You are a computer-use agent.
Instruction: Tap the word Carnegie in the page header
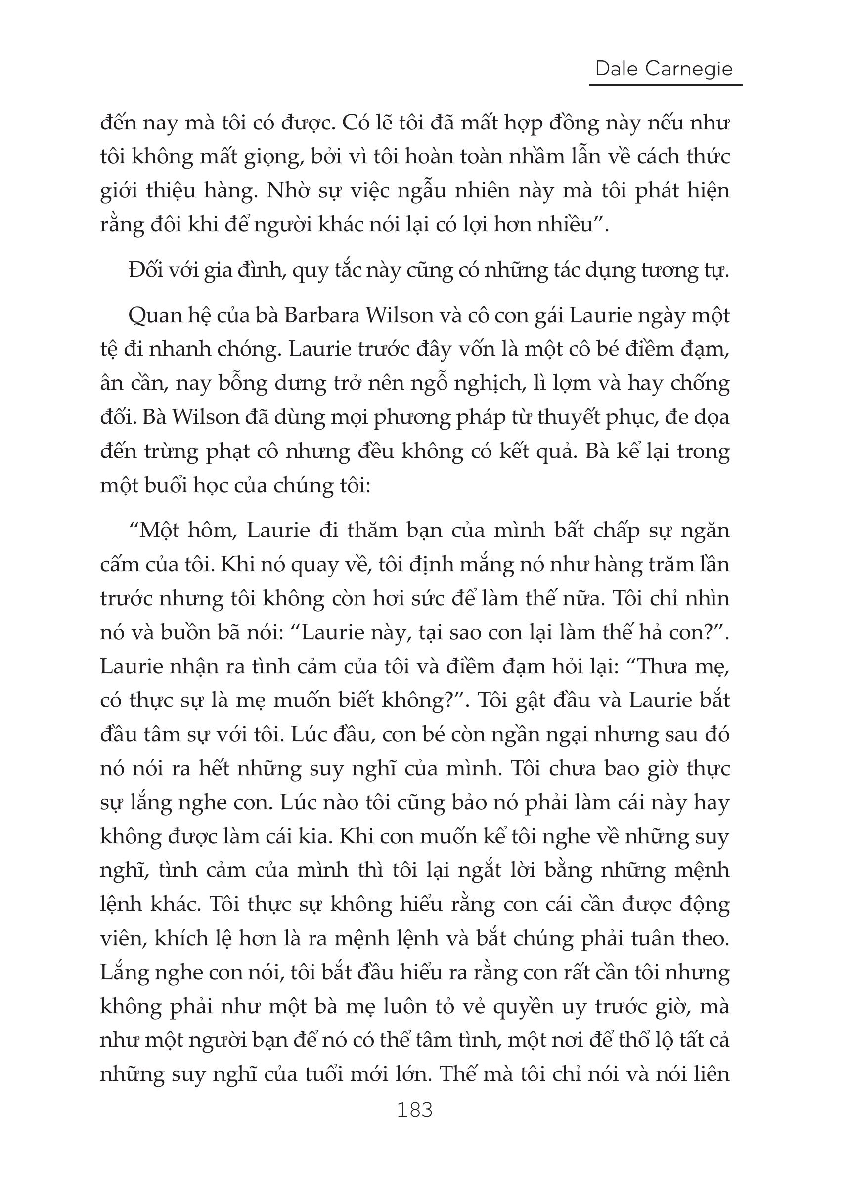click(688, 69)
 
